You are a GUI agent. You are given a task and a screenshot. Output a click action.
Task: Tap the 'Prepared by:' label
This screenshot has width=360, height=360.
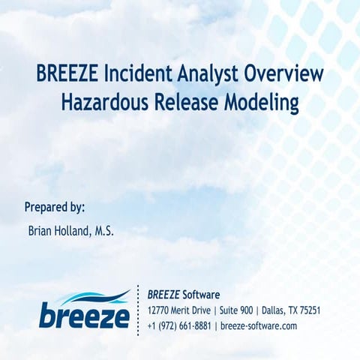(x=55, y=207)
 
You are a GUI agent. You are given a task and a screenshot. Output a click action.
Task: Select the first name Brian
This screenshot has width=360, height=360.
(x=41, y=232)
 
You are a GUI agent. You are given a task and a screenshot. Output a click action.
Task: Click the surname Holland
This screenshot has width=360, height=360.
(x=75, y=232)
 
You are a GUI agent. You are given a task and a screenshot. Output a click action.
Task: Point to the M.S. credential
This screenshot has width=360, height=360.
(x=104, y=232)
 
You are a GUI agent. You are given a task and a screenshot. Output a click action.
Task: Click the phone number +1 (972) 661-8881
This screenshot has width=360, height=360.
(x=181, y=326)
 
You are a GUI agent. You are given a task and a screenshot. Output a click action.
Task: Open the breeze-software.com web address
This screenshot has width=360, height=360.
(x=259, y=326)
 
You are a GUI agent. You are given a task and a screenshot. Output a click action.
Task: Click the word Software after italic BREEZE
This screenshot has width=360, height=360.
(x=201, y=294)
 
